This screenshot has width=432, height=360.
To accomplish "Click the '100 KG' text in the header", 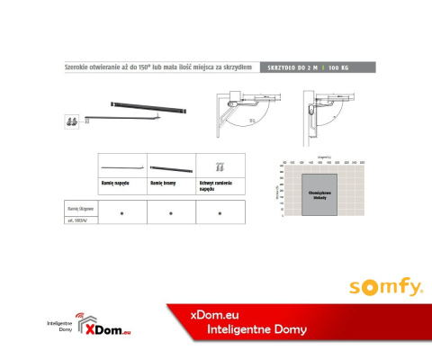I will [339, 68].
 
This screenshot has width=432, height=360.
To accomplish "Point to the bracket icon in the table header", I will [218, 166].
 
